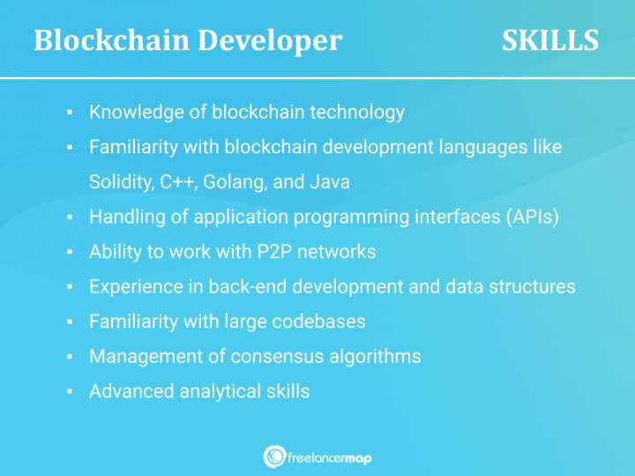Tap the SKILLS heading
pos(549,41)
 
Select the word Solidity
pos(121,182)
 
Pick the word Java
pos(330,182)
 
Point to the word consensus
pos(273,356)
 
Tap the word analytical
pos(216,390)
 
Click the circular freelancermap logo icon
pos(273,457)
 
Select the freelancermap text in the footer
pos(330,457)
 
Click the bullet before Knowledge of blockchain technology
pos(70,113)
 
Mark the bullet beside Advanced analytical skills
pos(70,391)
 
